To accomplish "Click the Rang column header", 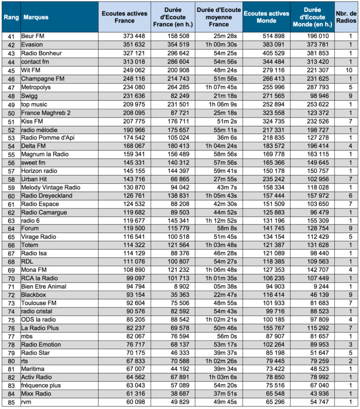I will pos(10,17).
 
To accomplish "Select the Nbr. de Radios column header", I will pos(347,17).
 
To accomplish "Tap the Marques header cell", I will pos(36,17).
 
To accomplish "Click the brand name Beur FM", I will pos(32,36).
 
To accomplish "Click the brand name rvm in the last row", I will pos(27,402).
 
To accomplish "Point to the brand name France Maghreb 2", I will pos(46,113).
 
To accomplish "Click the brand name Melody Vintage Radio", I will pos(51,188).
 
